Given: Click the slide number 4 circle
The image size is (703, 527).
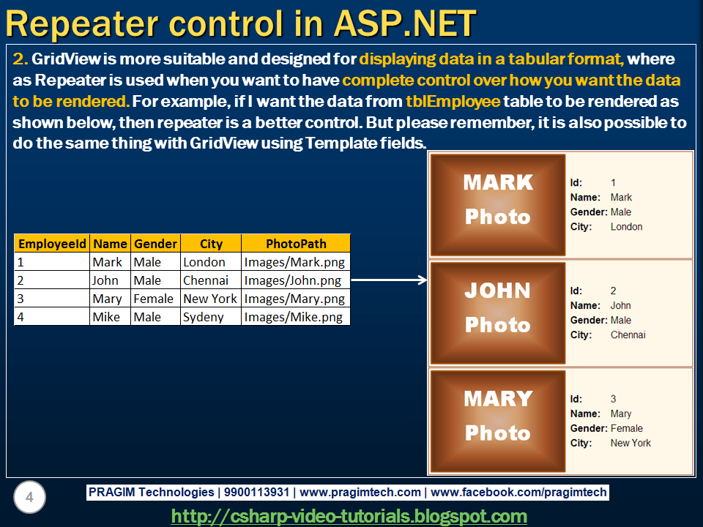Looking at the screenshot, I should pos(29,498).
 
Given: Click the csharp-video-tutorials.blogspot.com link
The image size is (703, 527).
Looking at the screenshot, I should pos(349,516).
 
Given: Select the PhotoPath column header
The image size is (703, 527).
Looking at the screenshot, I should pos(296,244).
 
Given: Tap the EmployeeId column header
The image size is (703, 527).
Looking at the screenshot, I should pos(52,244).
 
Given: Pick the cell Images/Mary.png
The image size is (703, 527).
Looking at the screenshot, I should pos(294,299).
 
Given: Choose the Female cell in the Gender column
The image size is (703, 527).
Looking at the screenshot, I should pos(154,299).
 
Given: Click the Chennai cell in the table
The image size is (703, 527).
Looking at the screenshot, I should pos(206,280).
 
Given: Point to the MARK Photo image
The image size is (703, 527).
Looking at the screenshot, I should pos(498,204).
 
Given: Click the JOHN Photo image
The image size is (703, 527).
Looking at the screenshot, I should pos(498,313).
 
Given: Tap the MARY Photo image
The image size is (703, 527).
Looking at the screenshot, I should pos(498,421).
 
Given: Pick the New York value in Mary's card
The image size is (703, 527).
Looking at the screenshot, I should pos(631,443).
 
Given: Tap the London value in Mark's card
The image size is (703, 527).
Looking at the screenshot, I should pos(626,227).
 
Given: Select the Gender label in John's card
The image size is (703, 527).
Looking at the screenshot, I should pos(589,320).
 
